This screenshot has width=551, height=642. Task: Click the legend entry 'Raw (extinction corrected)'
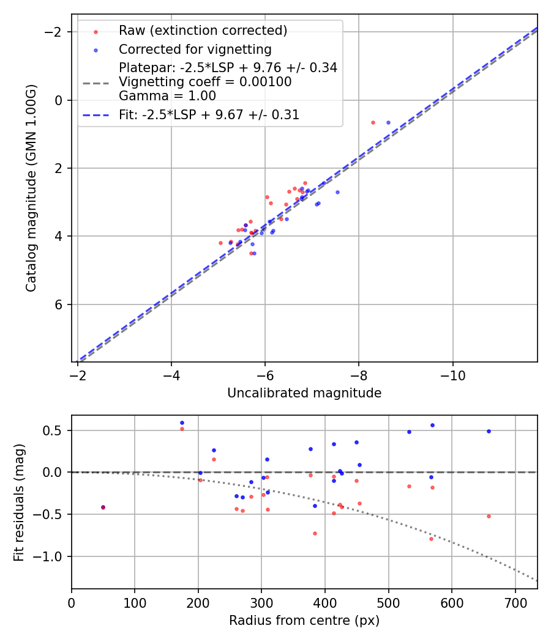pyautogui.click(x=203, y=31)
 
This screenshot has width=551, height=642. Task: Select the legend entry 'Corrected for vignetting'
pyautogui.click(x=195, y=49)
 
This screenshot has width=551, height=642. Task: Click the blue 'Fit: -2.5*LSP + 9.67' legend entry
pyautogui.click(x=209, y=114)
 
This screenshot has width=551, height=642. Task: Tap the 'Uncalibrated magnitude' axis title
pyautogui.click(x=304, y=393)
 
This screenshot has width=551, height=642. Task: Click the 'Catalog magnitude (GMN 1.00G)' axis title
pyautogui.click(x=32, y=188)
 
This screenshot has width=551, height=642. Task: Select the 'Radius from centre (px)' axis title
pyautogui.click(x=304, y=621)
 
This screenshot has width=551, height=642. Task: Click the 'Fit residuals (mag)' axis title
pyautogui.click(x=20, y=502)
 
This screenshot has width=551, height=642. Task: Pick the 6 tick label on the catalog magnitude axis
pyautogui.click(x=59, y=304)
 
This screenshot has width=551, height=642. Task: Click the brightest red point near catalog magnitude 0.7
pyautogui.click(x=373, y=123)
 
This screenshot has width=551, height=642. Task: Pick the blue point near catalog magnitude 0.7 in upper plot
pyautogui.click(x=388, y=123)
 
